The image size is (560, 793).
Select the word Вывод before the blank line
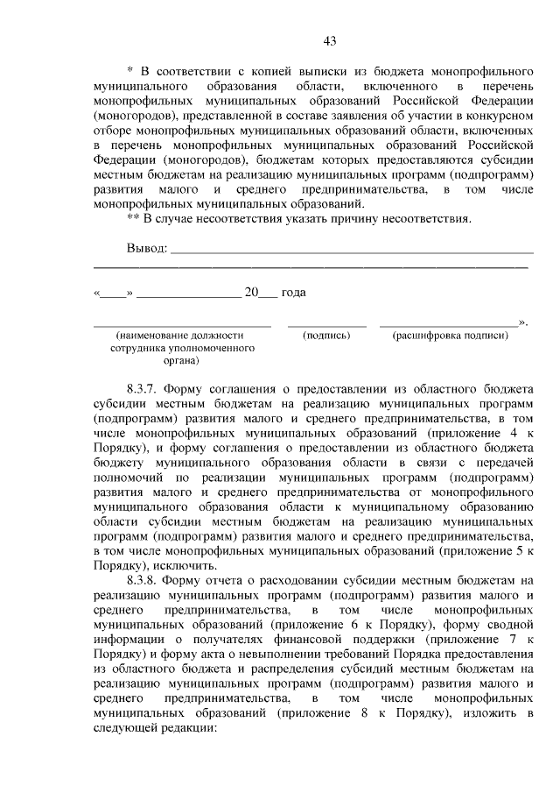tap(146, 248)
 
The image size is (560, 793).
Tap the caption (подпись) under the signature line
tap(326, 335)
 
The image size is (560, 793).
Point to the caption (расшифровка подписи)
tap(451, 335)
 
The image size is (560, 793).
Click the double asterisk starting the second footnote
tap(134, 218)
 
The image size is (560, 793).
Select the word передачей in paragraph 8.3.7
tap(503, 461)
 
